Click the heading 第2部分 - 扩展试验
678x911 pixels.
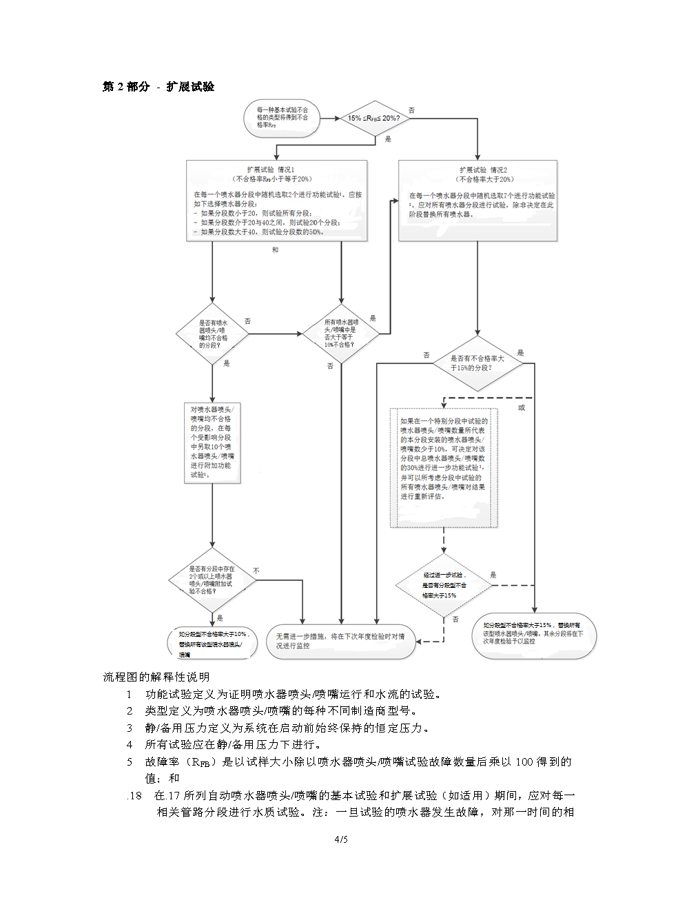point(158,87)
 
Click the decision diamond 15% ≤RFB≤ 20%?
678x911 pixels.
point(374,119)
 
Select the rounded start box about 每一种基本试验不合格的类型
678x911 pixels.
point(282,118)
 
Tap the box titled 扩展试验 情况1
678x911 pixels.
point(278,201)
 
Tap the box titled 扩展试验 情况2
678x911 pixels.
point(477,201)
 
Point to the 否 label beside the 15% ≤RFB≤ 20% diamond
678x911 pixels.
point(412,110)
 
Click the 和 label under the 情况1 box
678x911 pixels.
point(275,250)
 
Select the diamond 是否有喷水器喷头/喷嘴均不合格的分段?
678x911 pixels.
point(213,334)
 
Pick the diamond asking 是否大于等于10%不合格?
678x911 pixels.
point(341,334)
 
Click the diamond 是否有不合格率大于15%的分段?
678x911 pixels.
point(477,363)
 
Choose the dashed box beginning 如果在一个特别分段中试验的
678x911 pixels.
point(443,467)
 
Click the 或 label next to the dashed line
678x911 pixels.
point(522,407)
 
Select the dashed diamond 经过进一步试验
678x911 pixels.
point(444,585)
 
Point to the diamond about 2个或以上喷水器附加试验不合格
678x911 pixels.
point(212,580)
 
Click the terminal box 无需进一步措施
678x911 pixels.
point(340,642)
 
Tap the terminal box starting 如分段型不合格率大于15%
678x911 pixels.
point(533,634)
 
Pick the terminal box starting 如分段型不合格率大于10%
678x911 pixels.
point(214,643)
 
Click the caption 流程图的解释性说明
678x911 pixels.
point(156,677)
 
